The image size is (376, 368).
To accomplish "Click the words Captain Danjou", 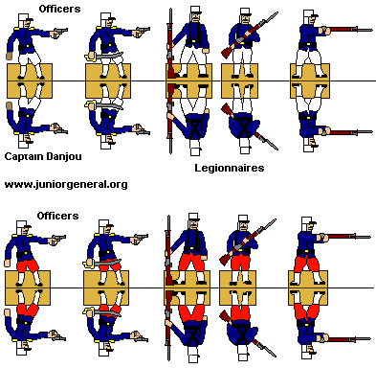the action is point(43,156).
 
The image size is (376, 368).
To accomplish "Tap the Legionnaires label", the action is point(230,168).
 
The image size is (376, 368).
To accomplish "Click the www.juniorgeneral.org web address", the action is point(66,185).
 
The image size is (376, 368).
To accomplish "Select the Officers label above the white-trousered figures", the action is point(59,9).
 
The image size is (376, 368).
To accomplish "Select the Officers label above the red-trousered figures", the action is point(57,216).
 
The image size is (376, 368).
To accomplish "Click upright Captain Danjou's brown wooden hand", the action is point(10,56).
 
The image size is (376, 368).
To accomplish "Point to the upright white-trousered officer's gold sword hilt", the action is point(91,57).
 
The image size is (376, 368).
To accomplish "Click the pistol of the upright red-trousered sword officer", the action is point(141,238).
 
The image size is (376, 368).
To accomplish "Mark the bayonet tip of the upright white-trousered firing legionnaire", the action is point(371,31).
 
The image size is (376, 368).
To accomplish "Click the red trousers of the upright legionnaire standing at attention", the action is point(190,260).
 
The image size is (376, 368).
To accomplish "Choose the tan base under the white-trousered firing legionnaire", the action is point(310,80).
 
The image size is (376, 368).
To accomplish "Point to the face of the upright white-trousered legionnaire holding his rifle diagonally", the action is point(245,19).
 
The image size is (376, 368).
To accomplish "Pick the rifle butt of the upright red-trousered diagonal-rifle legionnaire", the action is point(223,259).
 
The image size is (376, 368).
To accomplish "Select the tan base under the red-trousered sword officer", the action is point(106,287).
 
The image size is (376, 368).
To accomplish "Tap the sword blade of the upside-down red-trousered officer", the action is point(109,312).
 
